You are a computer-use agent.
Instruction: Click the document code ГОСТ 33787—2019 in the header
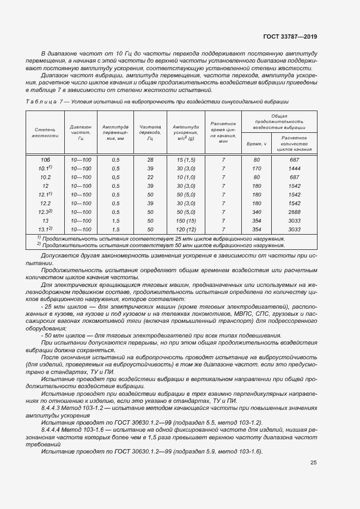[289, 37]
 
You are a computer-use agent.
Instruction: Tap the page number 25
[313, 463]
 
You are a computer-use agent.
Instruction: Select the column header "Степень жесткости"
[45, 132]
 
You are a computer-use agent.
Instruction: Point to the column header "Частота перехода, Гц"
[150, 132]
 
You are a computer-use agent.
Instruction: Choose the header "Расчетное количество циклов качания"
[294, 143]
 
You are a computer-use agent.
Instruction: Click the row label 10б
[45, 160]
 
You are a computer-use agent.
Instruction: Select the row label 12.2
[45, 203]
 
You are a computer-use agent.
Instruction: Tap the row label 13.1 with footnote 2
[45, 230]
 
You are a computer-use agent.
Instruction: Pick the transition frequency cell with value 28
[150, 160]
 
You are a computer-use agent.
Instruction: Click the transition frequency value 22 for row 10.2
[150, 177]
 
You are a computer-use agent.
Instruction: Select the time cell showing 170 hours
[257, 169]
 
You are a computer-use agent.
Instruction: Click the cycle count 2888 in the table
[294, 212]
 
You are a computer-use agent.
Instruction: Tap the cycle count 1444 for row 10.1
[294, 169]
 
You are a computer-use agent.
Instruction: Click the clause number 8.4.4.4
[52, 430]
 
